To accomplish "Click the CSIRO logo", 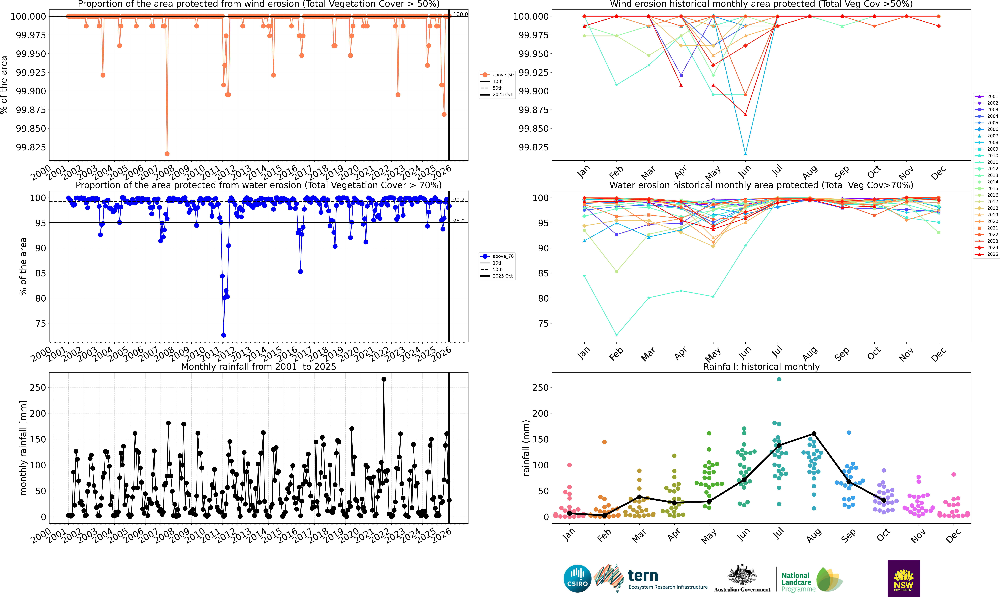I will point(577,578).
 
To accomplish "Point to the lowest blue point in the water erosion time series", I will point(224,335).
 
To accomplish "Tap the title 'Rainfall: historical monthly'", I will point(761,367).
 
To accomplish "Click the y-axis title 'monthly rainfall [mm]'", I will point(23,448).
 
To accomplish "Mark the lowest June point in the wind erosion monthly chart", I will point(745,154).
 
